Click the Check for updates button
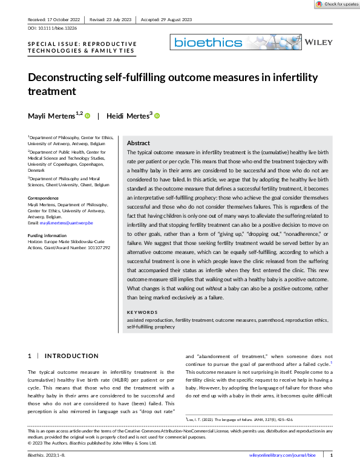[x=336, y=4]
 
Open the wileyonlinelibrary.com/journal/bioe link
[x=283, y=454]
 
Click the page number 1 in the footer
[x=332, y=454]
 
